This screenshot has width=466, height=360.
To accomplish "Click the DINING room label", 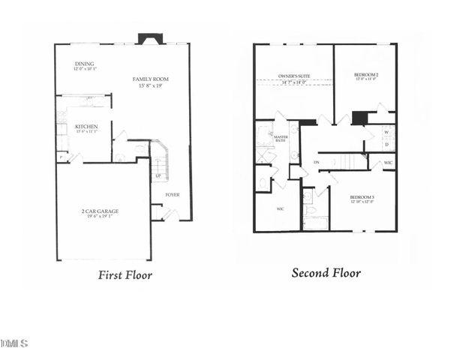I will tap(83, 64).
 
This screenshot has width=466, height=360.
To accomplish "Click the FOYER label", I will tap(172, 194).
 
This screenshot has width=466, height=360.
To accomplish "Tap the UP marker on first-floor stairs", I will tap(158, 176).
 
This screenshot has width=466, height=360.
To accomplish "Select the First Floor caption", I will tap(125, 275).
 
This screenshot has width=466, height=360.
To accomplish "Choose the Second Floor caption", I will tap(326, 273).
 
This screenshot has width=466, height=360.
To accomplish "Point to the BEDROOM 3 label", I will tap(365, 198).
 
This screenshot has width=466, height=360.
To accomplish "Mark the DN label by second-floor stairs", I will tap(317, 162).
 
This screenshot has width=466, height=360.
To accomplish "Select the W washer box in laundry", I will tap(386, 132).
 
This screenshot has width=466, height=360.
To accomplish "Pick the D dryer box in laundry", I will tap(386, 144).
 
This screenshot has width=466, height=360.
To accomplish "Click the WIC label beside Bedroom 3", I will tap(388, 163).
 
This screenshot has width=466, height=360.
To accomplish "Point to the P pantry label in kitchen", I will tap(60, 157).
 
